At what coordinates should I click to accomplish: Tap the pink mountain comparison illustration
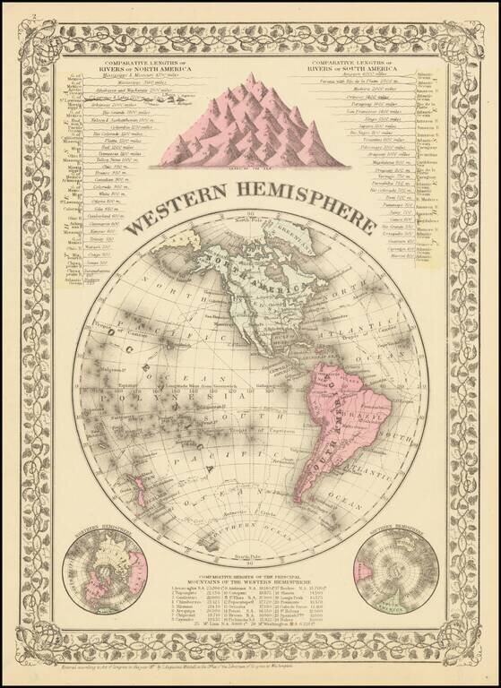250,125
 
